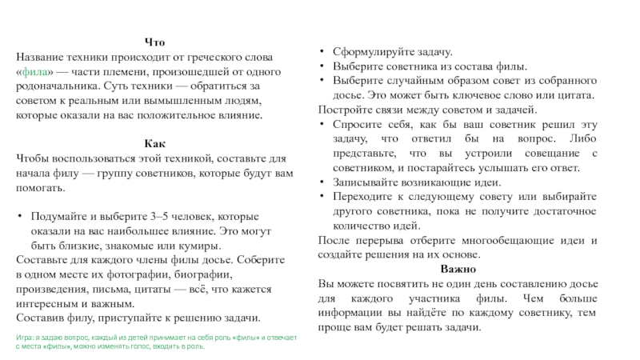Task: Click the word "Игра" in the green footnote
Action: [24, 339]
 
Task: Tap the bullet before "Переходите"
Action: [322, 196]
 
